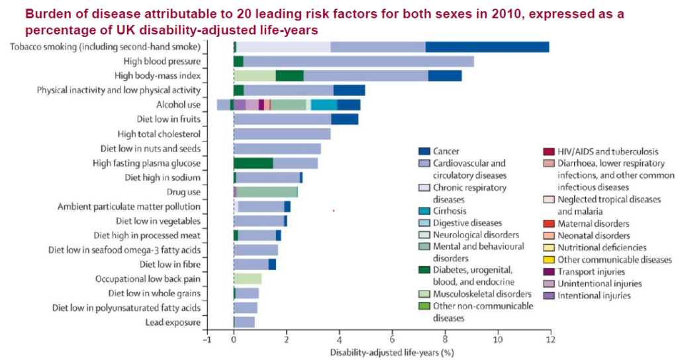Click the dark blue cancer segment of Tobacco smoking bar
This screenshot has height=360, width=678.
tap(487, 46)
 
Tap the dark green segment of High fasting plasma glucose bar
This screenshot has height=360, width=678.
tap(253, 163)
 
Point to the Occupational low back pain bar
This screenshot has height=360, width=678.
tap(248, 279)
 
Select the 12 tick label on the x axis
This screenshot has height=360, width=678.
tap(550, 339)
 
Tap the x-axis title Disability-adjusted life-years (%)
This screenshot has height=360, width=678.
tap(391, 352)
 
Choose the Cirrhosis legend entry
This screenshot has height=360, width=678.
tap(450, 211)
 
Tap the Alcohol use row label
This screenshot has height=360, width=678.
tap(178, 105)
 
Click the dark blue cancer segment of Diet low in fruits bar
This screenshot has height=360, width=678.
tap(344, 119)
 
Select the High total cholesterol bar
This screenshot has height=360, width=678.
tap(282, 134)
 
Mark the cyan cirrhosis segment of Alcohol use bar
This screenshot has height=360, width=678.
tap(324, 105)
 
